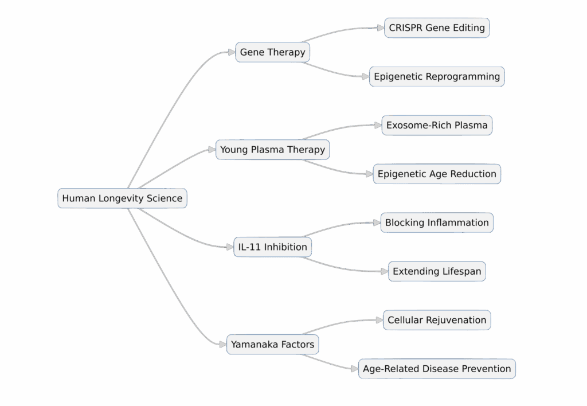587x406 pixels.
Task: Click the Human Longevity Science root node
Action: pyautogui.click(x=122, y=198)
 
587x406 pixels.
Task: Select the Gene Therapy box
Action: pyautogui.click(x=272, y=52)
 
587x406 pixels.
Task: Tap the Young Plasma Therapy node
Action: pyautogui.click(x=272, y=150)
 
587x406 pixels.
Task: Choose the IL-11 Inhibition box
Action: pyautogui.click(x=272, y=247)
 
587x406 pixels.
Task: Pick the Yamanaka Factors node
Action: pyautogui.click(x=272, y=345)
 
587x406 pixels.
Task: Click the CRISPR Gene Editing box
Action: pyautogui.click(x=437, y=28)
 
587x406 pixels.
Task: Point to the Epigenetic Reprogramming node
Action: pyautogui.click(x=437, y=76)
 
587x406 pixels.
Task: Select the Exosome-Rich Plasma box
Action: pyautogui.click(x=437, y=125)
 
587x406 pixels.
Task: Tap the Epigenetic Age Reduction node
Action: pyautogui.click(x=437, y=174)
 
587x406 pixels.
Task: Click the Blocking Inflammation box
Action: pyautogui.click(x=437, y=222)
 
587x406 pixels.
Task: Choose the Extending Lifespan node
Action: pyautogui.click(x=437, y=271)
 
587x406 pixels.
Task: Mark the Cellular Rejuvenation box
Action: pyautogui.click(x=437, y=320)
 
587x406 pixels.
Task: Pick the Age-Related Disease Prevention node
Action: pyautogui.click(x=437, y=369)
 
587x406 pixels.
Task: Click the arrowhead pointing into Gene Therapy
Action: pyautogui.click(x=232, y=52)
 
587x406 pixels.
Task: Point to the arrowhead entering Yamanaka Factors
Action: pyautogui.click(x=223, y=345)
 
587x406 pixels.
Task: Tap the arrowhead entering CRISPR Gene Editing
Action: pyautogui.click(x=381, y=28)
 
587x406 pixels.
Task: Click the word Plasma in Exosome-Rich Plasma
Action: pyautogui.click(x=468, y=125)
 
